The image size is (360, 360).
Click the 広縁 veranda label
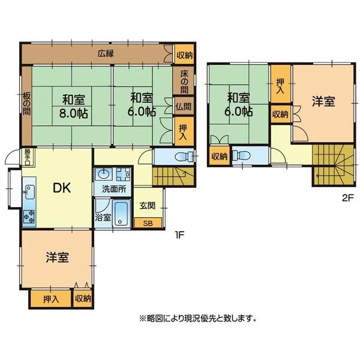(106, 53)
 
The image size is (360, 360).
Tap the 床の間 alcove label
(184, 82)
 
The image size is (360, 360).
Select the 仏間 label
(183, 106)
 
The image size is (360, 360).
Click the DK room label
(62, 188)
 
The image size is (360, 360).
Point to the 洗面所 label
(114, 189)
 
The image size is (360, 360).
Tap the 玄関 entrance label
(148, 205)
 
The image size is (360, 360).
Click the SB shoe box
(148, 223)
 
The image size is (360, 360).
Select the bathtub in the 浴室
(121, 214)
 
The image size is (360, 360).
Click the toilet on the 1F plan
(184, 157)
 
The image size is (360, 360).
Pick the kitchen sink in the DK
(29, 192)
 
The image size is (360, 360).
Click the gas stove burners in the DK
(29, 216)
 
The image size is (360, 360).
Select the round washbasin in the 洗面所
(104, 173)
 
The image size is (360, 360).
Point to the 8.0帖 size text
(74, 113)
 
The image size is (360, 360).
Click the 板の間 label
(26, 104)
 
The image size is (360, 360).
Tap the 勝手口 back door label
(28, 157)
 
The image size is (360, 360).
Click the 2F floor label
(349, 198)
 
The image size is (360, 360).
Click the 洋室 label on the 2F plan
(323, 101)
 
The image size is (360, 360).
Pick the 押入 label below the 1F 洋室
(51, 299)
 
